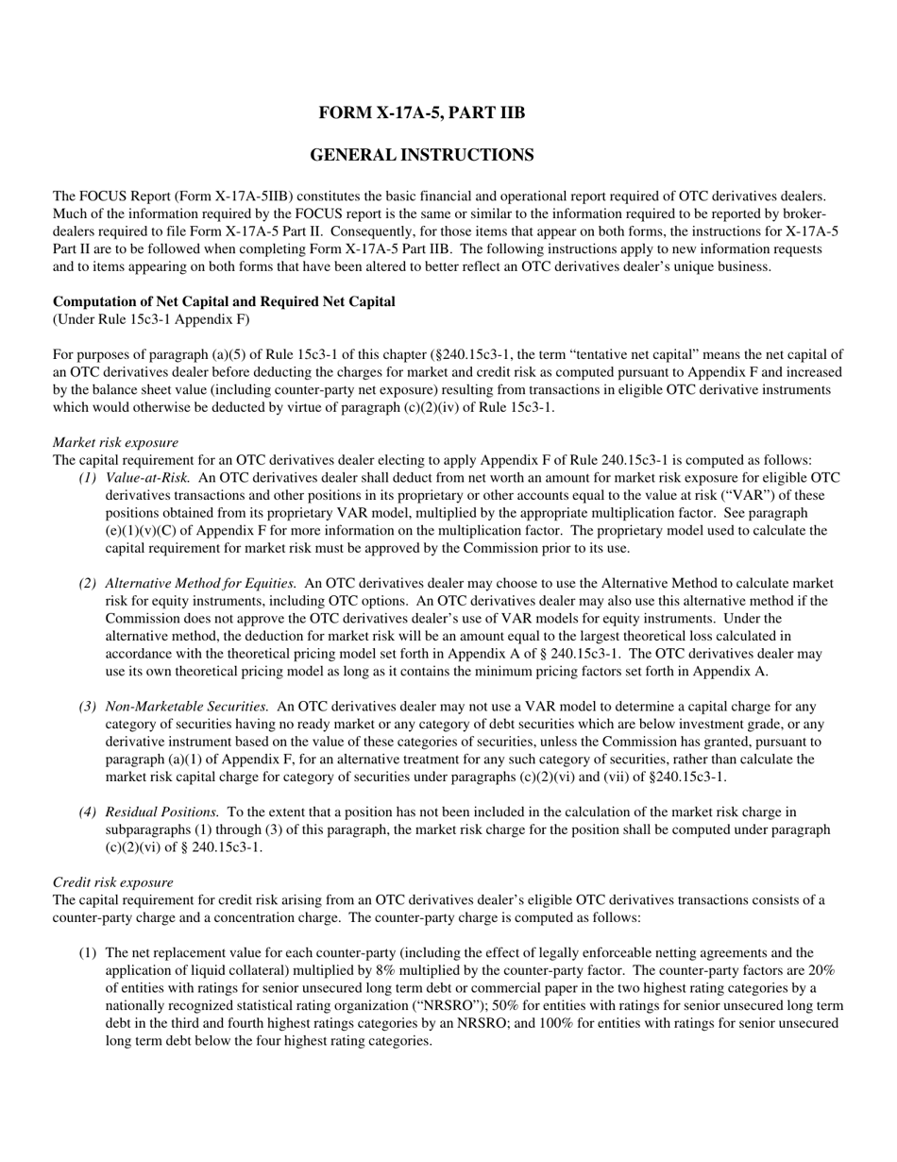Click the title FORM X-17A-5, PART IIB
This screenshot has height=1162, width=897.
pos(421,113)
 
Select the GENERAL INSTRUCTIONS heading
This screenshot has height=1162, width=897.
pos(421,155)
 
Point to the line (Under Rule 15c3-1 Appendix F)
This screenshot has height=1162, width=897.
pos(151,319)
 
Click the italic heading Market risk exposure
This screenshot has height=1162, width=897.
pos(115,442)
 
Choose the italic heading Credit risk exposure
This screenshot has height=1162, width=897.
pos(112,882)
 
